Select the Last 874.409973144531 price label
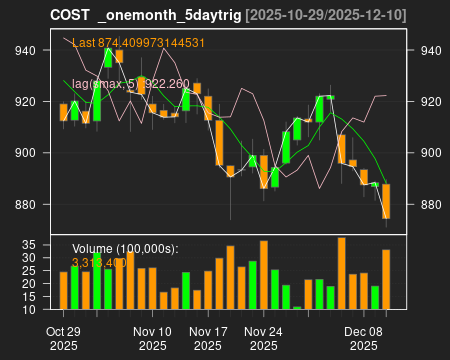138,43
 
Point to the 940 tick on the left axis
26,51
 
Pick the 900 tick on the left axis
26,153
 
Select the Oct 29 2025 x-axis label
64,338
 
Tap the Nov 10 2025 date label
153,338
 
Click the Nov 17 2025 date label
209,338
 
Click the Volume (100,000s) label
124,248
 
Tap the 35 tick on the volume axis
29,244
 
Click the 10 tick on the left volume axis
29,309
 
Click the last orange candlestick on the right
386,201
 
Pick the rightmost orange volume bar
386,279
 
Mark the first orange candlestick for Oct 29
64,112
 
